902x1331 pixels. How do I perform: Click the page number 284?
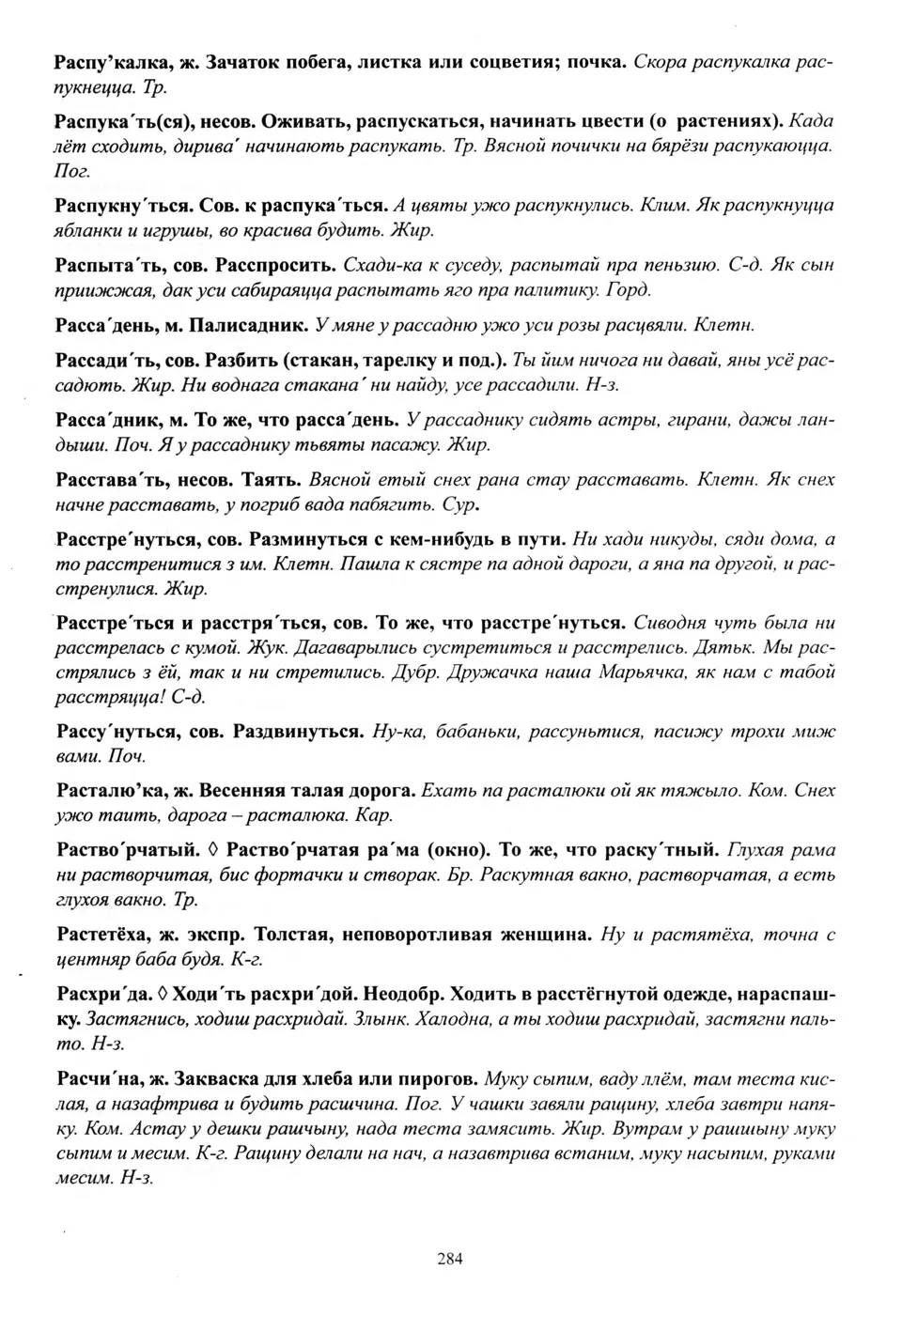click(x=450, y=1259)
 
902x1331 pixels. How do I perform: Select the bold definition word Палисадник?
click(x=247, y=326)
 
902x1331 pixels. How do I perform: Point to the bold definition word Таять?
click(x=272, y=480)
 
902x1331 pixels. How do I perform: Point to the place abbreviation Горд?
click(x=629, y=289)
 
